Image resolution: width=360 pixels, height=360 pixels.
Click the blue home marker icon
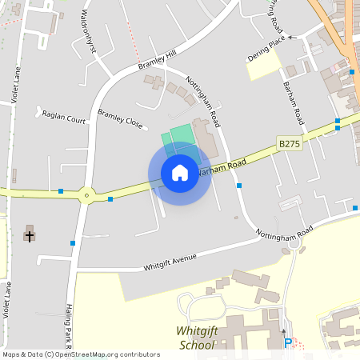click(179, 173)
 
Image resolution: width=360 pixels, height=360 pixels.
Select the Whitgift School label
click(196, 338)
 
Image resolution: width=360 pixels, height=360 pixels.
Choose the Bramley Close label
click(120, 120)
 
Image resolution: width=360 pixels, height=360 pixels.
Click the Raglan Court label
click(64, 118)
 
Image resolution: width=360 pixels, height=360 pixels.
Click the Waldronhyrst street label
click(89, 32)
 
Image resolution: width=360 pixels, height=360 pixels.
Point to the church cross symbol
click(30, 234)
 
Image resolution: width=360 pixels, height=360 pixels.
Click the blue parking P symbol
click(288, 343)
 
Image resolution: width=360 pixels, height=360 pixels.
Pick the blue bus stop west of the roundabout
click(61, 191)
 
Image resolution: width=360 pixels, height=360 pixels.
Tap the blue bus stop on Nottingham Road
click(240, 186)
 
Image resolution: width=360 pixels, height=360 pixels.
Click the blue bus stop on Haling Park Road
click(73, 242)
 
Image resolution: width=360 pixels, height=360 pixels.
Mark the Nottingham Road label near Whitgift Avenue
click(284, 234)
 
